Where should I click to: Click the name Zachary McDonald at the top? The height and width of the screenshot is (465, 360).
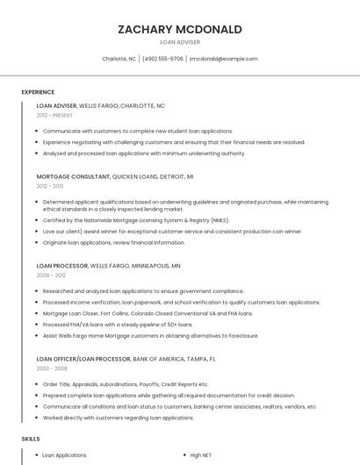click(179, 29)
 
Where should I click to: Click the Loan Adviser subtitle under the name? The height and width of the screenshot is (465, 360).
click(179, 42)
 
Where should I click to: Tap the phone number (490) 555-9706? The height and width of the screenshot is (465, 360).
click(162, 59)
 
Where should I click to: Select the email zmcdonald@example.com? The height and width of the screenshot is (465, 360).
click(223, 59)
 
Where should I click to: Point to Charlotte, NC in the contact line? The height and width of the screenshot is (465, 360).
click(119, 59)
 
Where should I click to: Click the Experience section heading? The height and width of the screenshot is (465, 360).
click(38, 92)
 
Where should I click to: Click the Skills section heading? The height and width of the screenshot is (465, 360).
click(30, 438)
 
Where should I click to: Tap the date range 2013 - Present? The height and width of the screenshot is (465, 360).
click(54, 115)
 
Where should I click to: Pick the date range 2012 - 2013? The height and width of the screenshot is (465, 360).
click(50, 186)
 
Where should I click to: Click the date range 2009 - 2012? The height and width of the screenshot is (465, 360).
click(50, 275)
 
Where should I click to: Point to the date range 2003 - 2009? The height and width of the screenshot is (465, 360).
click(50, 368)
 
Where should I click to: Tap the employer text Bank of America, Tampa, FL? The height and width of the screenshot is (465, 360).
click(174, 359)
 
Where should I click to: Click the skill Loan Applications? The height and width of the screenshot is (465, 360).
click(64, 455)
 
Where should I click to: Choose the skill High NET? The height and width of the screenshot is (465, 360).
click(201, 455)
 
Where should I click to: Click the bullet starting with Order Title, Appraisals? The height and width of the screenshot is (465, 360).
click(126, 384)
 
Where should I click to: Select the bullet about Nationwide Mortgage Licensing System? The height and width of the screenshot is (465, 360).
click(136, 220)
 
